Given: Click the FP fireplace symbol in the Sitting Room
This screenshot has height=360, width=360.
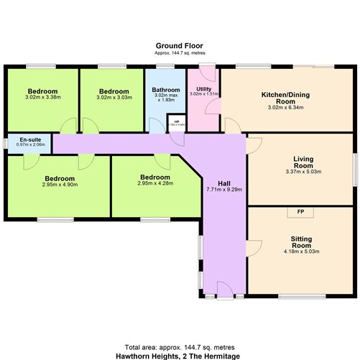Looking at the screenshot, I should pyautogui.click(x=300, y=212).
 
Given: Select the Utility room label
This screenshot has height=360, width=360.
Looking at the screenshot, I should pyautogui.click(x=203, y=88).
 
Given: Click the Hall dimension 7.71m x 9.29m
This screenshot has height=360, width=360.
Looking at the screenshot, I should pyautogui.click(x=224, y=190).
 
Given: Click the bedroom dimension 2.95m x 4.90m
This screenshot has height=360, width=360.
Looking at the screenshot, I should pyautogui.click(x=60, y=185).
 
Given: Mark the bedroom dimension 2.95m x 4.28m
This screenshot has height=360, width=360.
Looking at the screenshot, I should pyautogui.click(x=155, y=183).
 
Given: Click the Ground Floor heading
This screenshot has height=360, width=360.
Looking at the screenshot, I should pyautogui.click(x=180, y=45).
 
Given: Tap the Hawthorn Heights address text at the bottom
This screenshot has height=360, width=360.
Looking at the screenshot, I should pyautogui.click(x=180, y=355).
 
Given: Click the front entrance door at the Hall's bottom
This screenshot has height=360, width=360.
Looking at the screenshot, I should pyautogui.click(x=224, y=293).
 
